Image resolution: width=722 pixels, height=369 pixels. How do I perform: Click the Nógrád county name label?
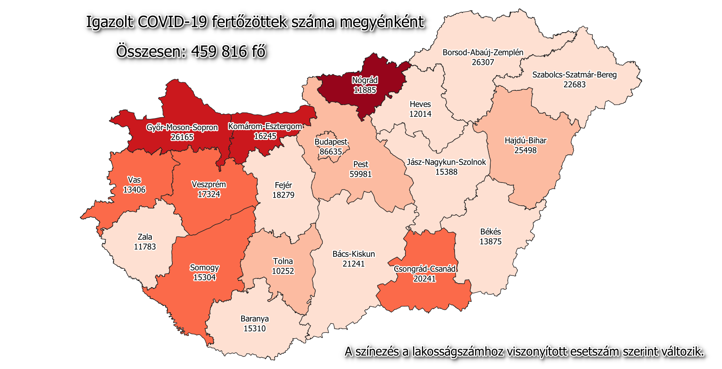coord(365,81)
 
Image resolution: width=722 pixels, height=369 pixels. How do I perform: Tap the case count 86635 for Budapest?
coord(331,152)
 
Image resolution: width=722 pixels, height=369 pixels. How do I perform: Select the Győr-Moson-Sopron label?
coord(182,127)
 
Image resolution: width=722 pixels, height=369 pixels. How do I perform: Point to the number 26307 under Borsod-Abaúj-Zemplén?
coord(483,62)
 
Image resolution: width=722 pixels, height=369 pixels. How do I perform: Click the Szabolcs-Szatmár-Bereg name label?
coord(574,75)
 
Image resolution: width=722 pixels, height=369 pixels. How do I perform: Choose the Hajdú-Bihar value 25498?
coord(525,150)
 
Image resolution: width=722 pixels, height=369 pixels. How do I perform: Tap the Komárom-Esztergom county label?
coord(265,127)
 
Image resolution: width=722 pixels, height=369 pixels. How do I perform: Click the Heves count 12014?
coord(420,114)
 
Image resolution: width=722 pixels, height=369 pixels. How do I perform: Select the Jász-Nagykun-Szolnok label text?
coord(446,162)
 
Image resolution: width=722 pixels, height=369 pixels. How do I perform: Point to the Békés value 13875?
coord(490,242)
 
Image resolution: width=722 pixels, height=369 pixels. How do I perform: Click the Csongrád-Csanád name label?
coord(425,269)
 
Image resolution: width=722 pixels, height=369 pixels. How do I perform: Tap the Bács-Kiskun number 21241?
coord(354,264)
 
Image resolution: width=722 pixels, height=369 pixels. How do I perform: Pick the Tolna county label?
coord(283,261)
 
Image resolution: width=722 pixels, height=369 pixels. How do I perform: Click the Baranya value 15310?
coord(255,328)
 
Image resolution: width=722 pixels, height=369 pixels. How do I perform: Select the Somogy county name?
coord(204,267)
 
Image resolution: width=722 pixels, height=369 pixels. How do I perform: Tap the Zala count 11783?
coord(145,246)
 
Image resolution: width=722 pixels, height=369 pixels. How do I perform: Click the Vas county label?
coord(134,180)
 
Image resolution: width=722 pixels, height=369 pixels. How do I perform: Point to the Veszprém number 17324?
coord(209,194)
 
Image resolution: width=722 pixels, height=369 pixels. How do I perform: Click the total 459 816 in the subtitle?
coord(219,51)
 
